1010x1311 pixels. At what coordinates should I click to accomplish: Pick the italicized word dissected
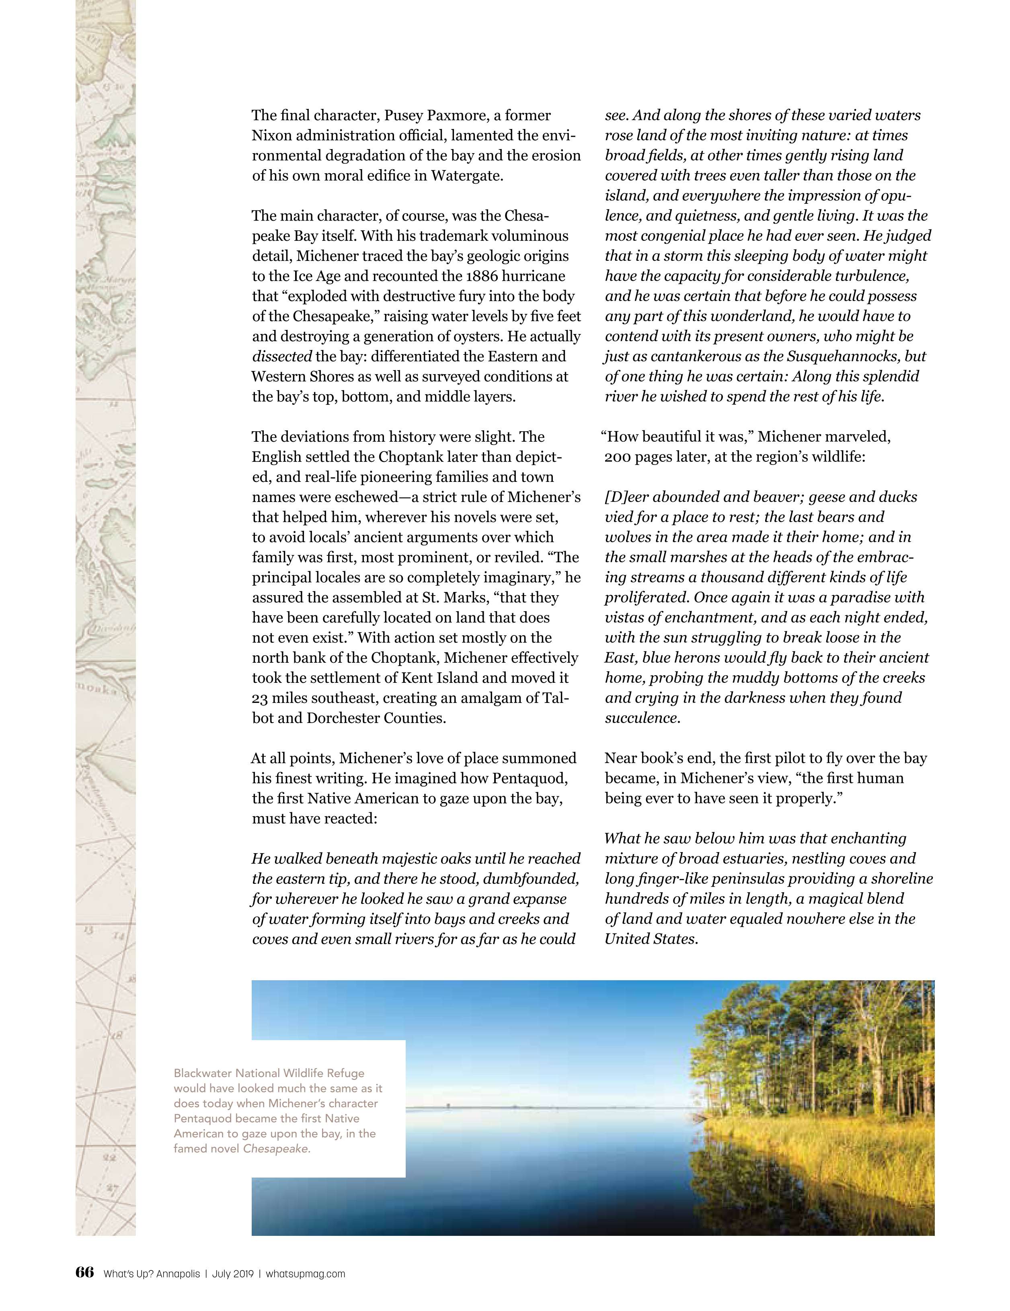point(281,356)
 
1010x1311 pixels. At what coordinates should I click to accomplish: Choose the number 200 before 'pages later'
point(616,457)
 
